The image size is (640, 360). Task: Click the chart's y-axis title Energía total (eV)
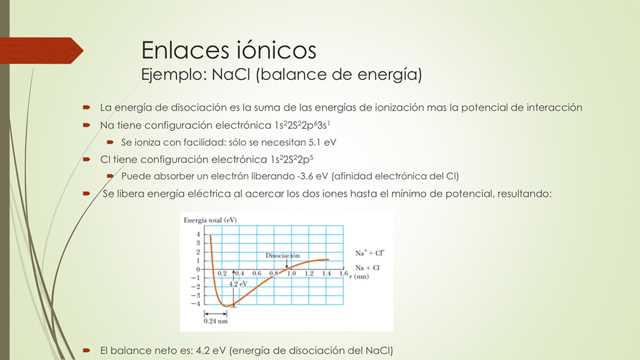click(209, 220)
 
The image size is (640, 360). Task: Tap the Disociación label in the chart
click(283, 255)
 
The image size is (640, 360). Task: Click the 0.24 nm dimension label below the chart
click(214, 321)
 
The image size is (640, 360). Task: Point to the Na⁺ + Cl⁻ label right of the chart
click(369, 253)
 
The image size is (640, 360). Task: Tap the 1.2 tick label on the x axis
click(309, 273)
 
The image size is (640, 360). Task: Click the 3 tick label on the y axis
click(197, 243)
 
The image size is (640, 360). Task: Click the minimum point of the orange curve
click(227, 305)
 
